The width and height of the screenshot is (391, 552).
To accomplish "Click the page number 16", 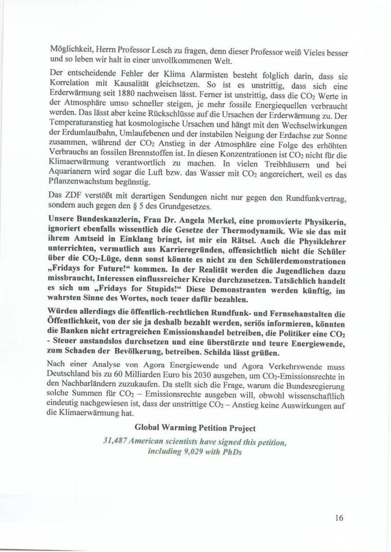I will [x=339, y=518].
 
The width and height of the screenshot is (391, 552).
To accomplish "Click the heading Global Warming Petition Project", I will [x=195, y=427].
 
